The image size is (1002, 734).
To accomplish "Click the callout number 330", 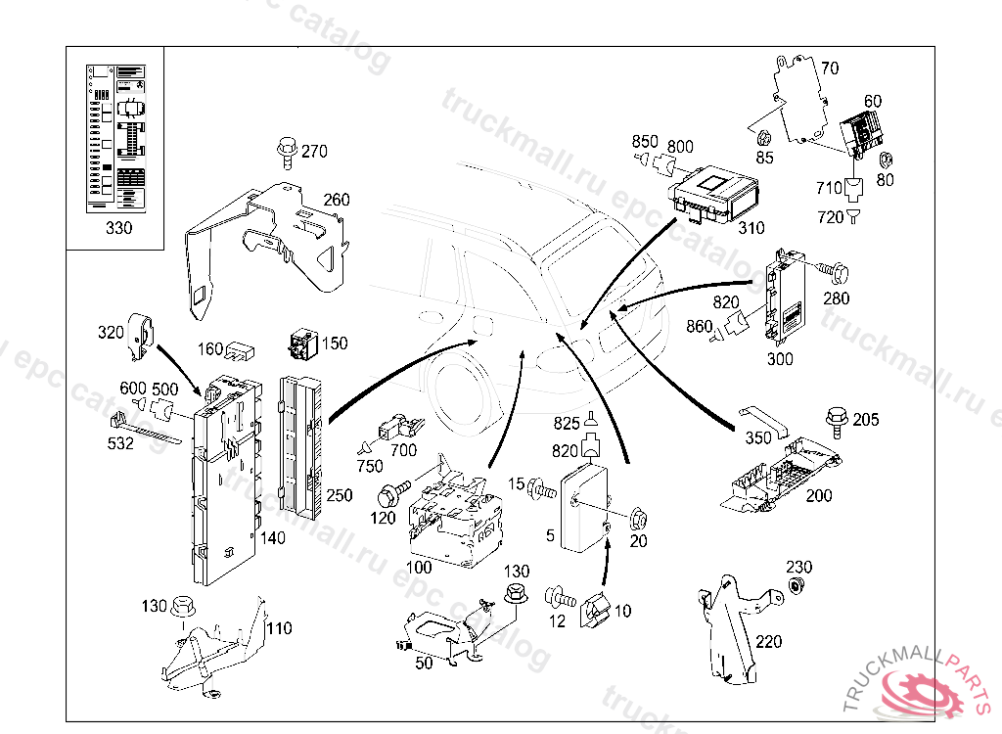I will [x=117, y=229].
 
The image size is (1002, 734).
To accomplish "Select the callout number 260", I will [x=336, y=200].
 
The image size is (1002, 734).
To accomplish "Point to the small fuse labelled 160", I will [x=240, y=349].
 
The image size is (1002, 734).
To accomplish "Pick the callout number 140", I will [x=273, y=537].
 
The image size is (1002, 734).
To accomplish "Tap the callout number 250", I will [x=339, y=495].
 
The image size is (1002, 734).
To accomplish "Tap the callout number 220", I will [x=769, y=642].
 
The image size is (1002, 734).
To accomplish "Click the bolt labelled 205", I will [x=838, y=422].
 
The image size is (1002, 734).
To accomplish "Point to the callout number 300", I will [x=780, y=359].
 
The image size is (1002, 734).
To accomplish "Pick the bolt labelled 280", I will [x=830, y=266].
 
